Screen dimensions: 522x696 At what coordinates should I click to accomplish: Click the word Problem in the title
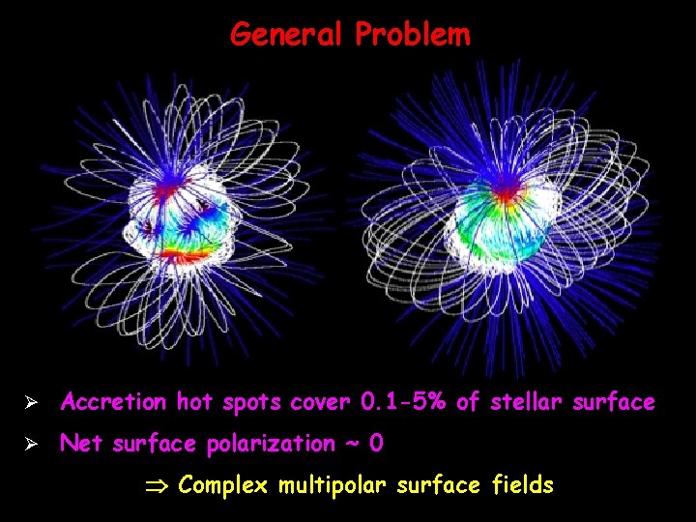[x=413, y=35]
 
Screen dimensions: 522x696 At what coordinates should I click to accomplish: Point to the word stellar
[x=523, y=401]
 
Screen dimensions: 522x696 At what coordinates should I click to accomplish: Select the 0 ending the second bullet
[x=376, y=444]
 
